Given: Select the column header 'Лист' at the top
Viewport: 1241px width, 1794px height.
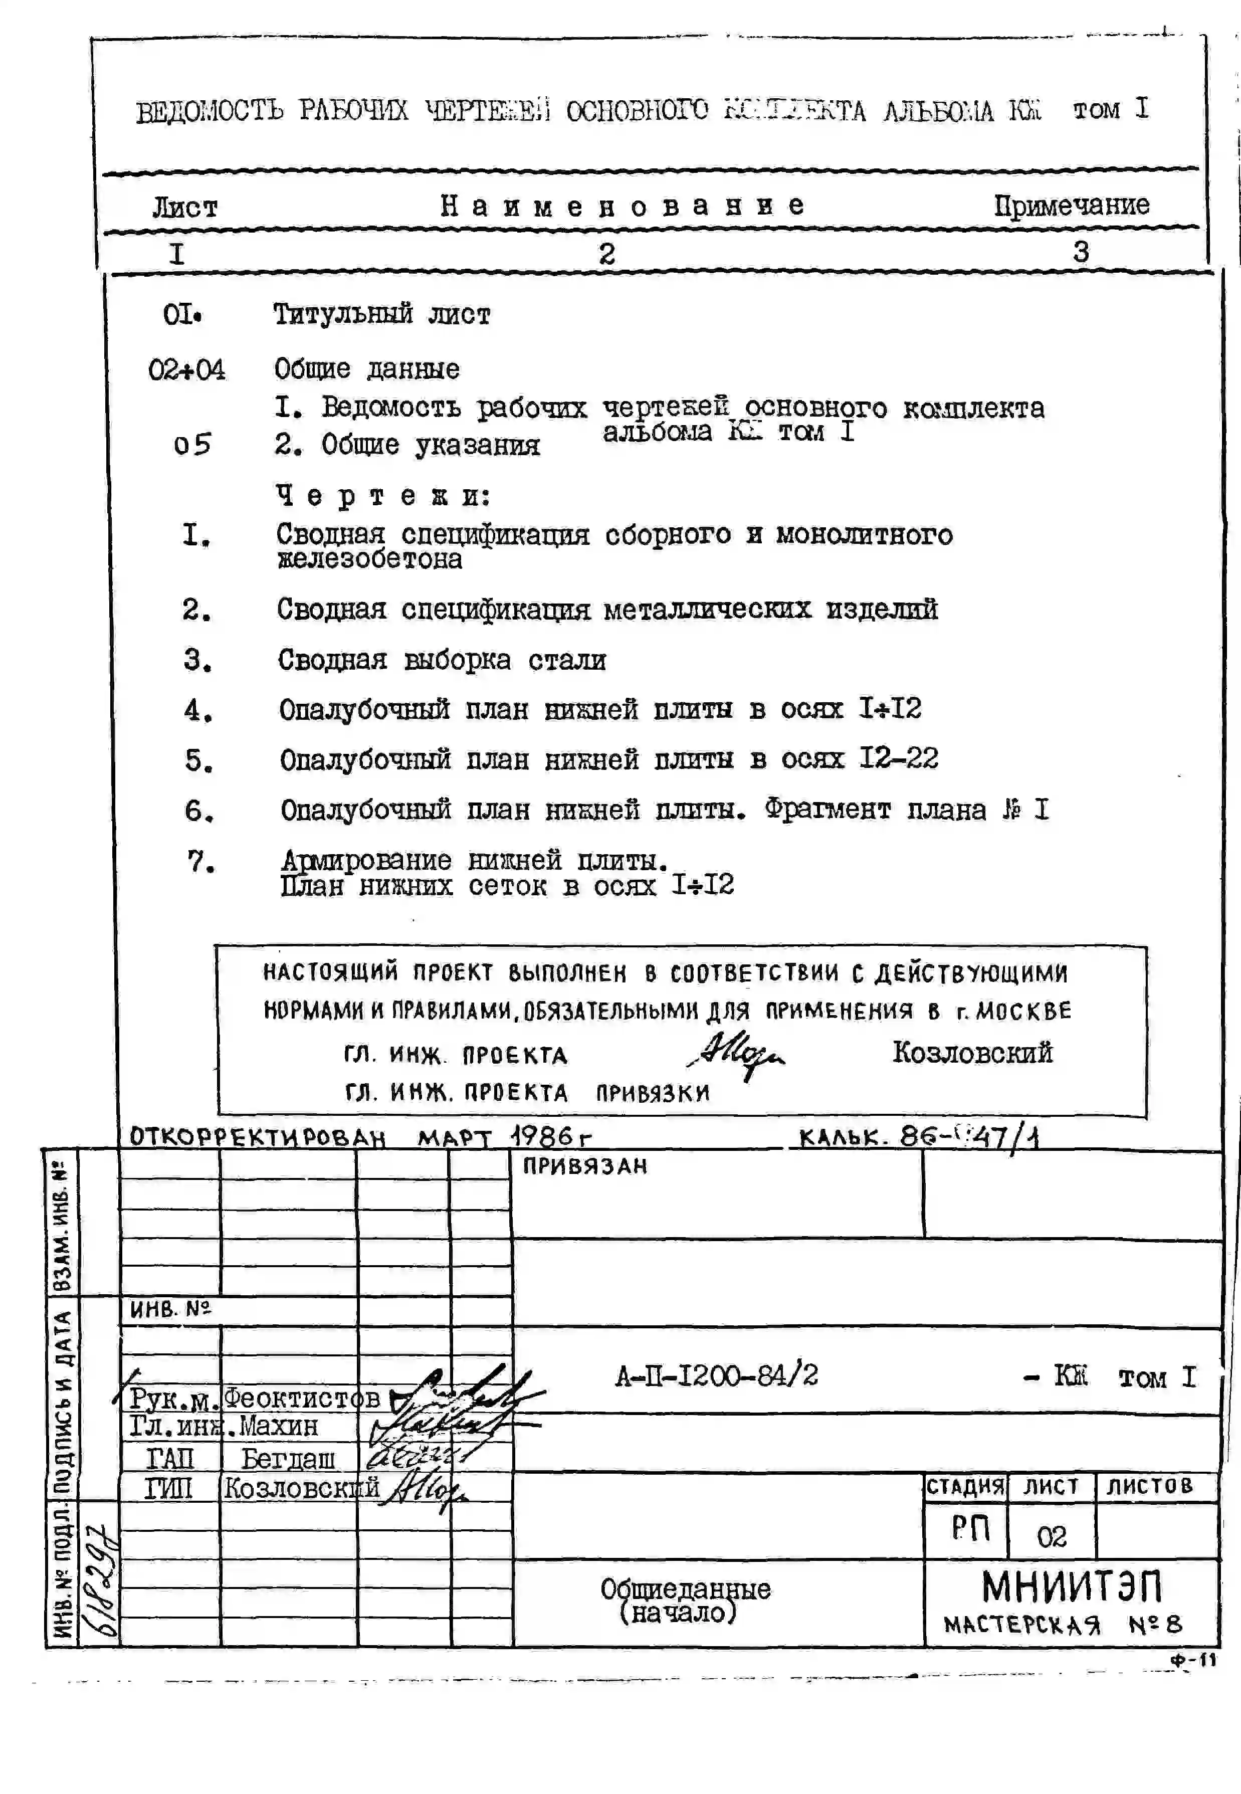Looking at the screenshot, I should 184,208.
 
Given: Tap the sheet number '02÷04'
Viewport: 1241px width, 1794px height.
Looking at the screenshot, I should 186,369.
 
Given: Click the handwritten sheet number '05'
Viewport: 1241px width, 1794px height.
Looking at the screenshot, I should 192,445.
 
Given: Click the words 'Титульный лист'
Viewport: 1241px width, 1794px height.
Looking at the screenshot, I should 381,314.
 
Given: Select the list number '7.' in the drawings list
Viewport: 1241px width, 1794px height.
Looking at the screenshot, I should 200,862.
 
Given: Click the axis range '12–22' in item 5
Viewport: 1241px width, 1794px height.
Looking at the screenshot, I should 898,758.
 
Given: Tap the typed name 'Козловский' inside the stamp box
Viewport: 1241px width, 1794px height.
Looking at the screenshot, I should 972,1053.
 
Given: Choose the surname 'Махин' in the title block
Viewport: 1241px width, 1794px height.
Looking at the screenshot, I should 278,1426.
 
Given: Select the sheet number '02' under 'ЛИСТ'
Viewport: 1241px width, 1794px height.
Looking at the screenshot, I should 1051,1536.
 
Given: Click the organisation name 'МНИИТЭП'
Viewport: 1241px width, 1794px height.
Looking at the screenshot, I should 1072,1586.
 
